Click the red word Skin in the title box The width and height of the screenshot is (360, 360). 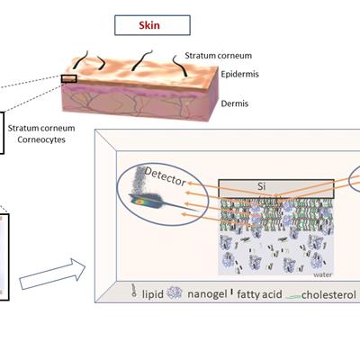coord(149,25)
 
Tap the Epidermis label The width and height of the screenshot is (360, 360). coord(239,74)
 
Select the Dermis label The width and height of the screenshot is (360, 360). coord(235,103)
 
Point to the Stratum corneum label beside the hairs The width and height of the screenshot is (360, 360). coord(218,56)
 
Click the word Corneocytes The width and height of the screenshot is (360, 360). coord(41,139)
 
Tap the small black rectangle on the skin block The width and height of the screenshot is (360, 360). coord(69,78)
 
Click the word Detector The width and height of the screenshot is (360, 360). coord(166,176)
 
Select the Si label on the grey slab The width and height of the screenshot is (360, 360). coord(262,186)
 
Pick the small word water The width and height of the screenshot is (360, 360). coord(323,274)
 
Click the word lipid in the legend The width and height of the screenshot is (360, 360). coord(153,294)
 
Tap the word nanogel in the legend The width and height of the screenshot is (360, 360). coord(207,294)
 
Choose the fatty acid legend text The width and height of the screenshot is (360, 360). coord(259,294)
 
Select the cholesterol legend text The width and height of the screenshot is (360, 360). coord(328,295)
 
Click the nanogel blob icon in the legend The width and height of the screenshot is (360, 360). coord(175,292)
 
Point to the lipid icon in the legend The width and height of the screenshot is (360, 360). coord(134,291)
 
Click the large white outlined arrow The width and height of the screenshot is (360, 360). coord(52,274)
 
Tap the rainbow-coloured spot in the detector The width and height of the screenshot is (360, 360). coord(139,202)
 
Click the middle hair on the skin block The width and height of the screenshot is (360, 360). coord(142,61)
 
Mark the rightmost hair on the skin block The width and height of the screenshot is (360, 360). coord(180,66)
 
